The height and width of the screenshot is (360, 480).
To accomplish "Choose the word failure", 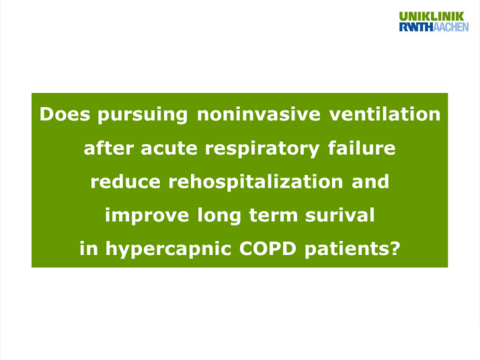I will coord(362,148).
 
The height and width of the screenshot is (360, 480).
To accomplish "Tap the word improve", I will coord(146,216).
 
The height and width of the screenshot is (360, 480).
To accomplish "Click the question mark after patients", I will coord(395,249).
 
